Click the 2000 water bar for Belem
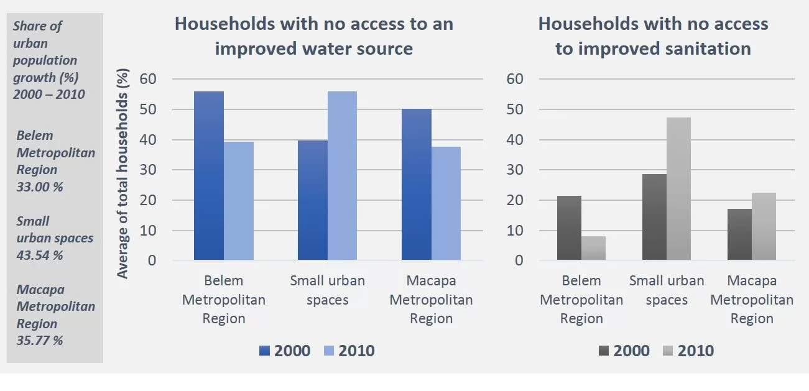pyautogui.click(x=208, y=175)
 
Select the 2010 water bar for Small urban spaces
pyautogui.click(x=342, y=175)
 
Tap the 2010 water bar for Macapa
pyautogui.click(x=446, y=203)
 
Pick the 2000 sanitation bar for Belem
pyautogui.click(x=569, y=228)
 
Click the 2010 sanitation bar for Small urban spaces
pyautogui.click(x=678, y=188)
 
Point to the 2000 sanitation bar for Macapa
pyautogui.click(x=739, y=234)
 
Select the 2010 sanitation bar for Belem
pyautogui.click(x=593, y=248)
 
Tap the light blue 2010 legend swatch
pyautogui.click(x=329, y=351)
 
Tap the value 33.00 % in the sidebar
pyautogui.click(x=40, y=186)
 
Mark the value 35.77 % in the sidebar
pyautogui.click(x=40, y=341)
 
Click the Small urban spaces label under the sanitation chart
pyautogui.click(x=667, y=290)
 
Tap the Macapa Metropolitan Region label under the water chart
pyautogui.click(x=431, y=300)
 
